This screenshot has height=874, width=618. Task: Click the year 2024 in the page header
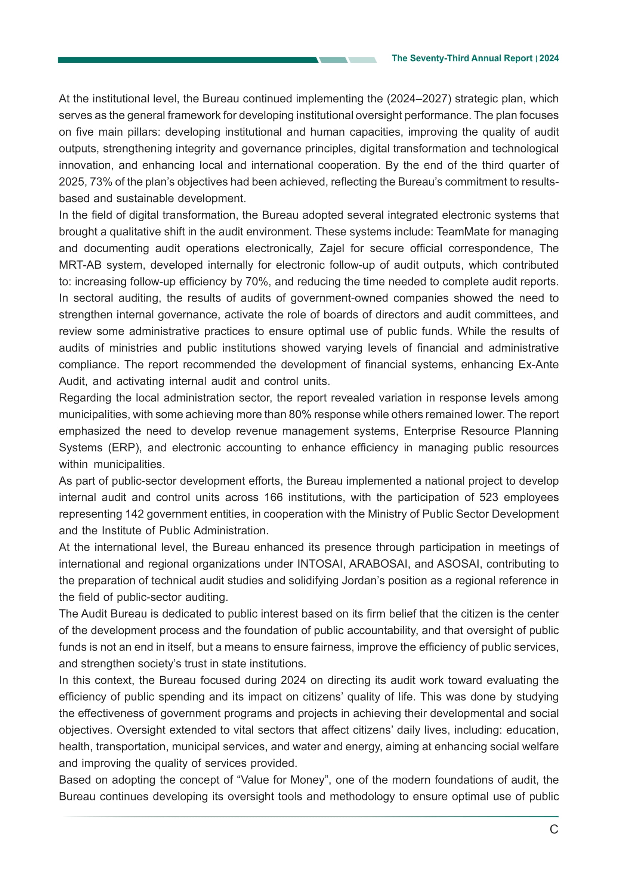(x=549, y=58)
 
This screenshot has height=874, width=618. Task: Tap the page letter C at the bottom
(x=554, y=829)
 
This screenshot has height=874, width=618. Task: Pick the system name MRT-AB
(x=80, y=265)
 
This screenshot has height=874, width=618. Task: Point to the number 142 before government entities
(x=135, y=514)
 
